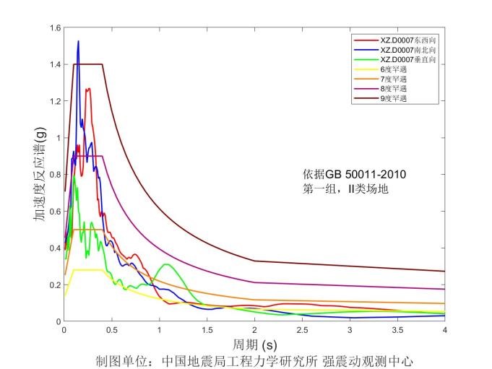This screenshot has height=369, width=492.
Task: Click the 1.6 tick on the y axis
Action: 55,28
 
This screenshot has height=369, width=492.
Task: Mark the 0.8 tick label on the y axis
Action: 55,175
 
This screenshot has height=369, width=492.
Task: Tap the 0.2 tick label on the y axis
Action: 55,285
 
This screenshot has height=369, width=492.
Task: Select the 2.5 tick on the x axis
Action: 302,330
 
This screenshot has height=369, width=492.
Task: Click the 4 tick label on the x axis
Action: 444,330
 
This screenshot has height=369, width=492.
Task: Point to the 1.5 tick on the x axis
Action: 207,330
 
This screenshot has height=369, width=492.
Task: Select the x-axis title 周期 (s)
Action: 254,343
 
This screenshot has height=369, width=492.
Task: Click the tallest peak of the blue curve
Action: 78,42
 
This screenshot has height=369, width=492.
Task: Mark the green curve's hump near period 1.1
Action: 168,265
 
